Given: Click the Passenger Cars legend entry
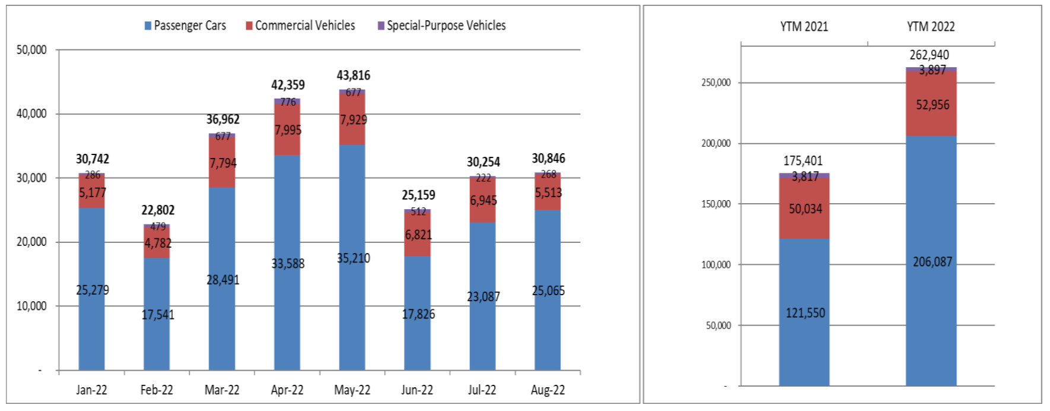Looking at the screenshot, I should [185, 26].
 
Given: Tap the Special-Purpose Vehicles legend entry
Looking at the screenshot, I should [441, 26].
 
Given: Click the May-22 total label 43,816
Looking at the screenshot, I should [353, 75].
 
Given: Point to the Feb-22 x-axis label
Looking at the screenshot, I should [157, 390].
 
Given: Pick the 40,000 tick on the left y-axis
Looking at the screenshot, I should [31, 113].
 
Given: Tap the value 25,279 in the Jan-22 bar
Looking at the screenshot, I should [93, 290].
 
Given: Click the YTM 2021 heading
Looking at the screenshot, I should [804, 27].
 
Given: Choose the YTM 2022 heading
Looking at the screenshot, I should [931, 27].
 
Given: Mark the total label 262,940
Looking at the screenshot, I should [929, 55].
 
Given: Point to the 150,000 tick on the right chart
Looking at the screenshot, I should [716, 204].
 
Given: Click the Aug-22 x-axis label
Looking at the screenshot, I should [548, 390].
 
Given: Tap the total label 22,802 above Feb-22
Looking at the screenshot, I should [158, 210].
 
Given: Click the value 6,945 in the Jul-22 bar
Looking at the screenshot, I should [483, 200].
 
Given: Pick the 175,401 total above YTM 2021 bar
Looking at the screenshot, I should [803, 161].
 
